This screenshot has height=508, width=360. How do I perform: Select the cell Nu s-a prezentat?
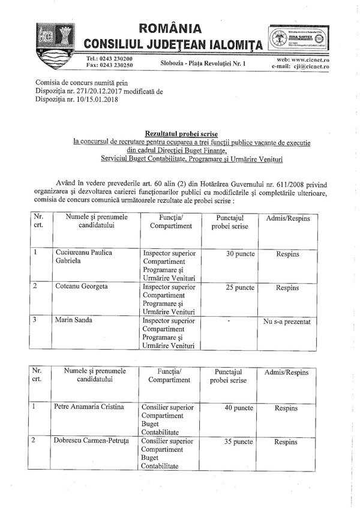pos(287,321)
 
